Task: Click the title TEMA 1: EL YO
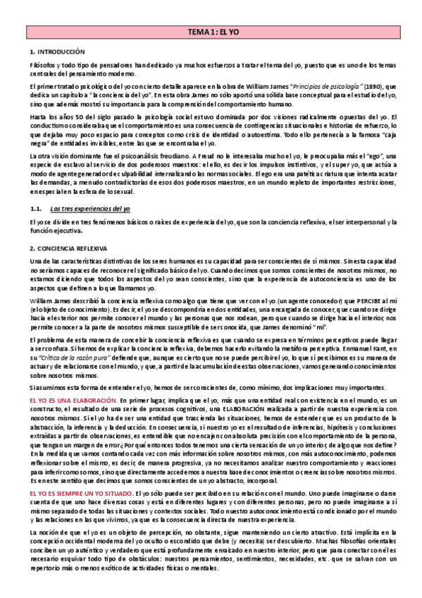[x=211, y=33]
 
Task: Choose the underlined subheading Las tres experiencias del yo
[x=89, y=208]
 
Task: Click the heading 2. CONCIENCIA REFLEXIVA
[x=68, y=248]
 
